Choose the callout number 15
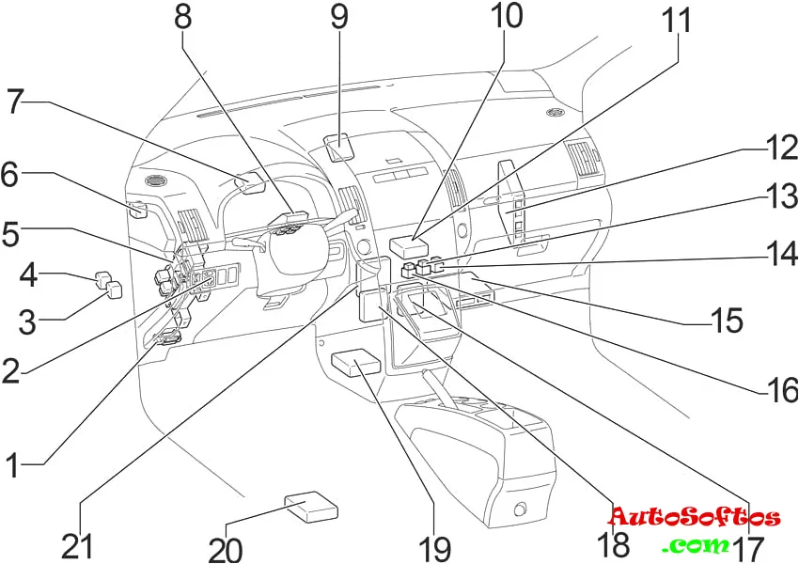(727, 321)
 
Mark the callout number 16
(779, 388)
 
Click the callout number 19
(434, 547)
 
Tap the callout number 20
(226, 550)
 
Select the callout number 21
(79, 546)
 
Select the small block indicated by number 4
(102, 278)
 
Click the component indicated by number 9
(339, 148)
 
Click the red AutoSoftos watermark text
(694, 517)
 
